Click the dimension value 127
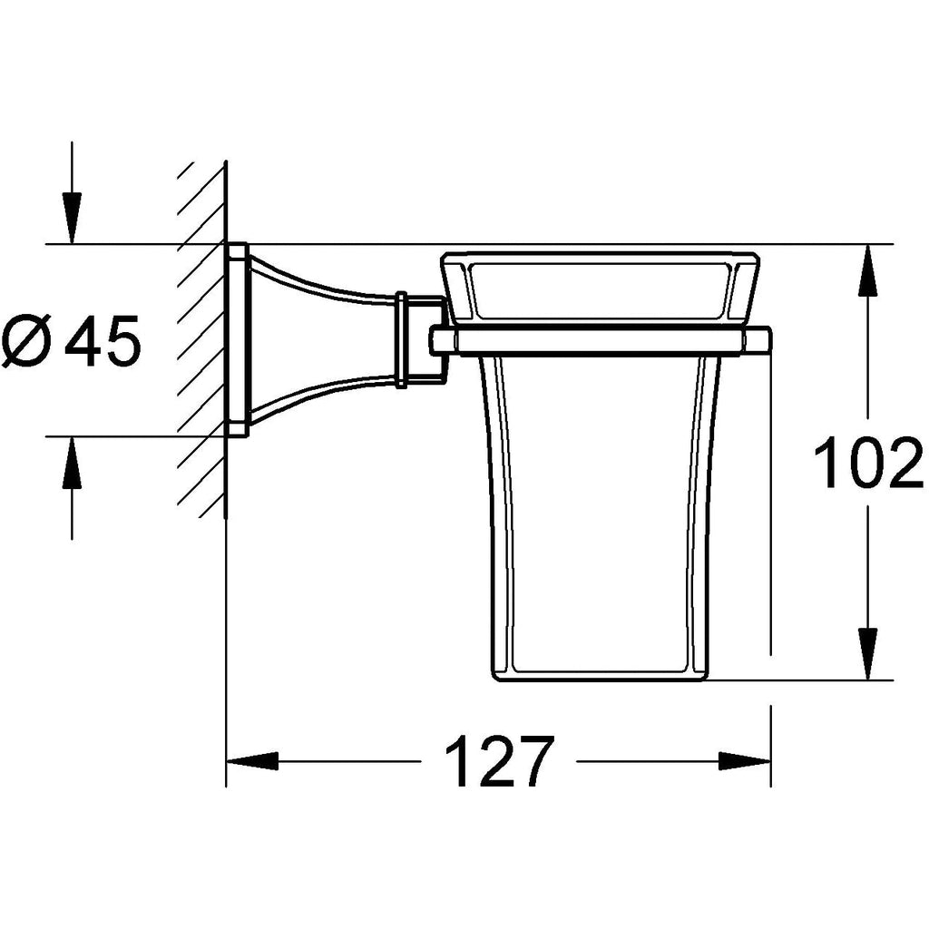[x=500, y=761]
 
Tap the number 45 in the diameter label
[x=106, y=341]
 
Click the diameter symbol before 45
[x=27, y=341]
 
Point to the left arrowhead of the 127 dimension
[x=250, y=761]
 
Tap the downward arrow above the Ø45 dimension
[x=71, y=218]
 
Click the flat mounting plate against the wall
[x=238, y=340]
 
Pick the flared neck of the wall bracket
[x=318, y=340]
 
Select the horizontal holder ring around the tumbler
[x=599, y=340]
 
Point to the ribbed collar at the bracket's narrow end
[x=401, y=340]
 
